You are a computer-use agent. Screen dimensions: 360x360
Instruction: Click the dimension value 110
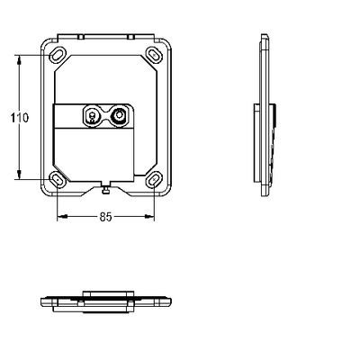point(20,118)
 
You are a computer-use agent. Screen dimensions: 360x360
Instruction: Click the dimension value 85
point(105,217)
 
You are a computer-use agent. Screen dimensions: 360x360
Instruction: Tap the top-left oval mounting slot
point(58,55)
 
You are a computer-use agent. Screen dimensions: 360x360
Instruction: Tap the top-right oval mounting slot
point(154,55)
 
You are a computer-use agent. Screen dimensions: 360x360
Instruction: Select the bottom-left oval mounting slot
point(58,179)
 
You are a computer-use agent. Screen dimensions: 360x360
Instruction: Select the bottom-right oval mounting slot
point(154,179)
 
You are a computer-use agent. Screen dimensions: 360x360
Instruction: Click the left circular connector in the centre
point(92,115)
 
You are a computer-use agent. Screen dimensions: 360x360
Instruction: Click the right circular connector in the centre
point(119,115)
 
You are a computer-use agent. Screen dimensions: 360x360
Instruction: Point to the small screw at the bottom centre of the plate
point(105,190)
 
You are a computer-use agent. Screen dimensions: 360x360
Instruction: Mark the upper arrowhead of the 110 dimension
point(19,60)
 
